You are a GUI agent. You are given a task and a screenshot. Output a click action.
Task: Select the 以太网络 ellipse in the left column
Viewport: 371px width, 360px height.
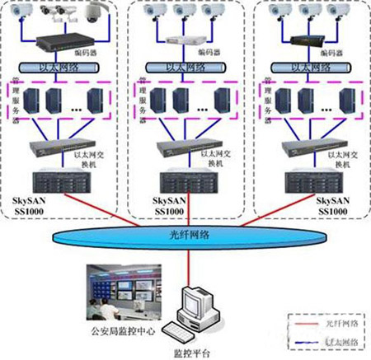[x=63, y=68]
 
